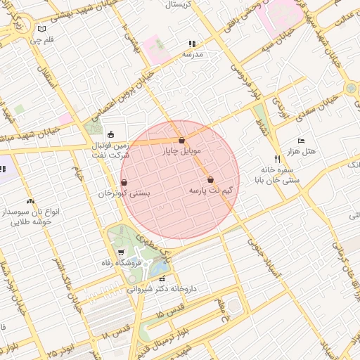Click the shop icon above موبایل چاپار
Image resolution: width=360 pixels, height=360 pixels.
pos(181,141)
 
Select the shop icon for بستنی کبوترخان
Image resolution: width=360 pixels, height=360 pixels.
pos(124,182)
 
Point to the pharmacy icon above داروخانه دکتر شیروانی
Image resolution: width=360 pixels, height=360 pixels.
pos(163,278)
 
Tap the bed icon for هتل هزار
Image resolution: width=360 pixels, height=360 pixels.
pos(302,141)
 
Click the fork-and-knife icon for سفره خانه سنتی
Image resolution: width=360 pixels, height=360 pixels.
pos(276,160)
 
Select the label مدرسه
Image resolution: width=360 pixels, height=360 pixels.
pos(193,53)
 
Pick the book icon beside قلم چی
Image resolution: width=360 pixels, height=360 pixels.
pos(42,29)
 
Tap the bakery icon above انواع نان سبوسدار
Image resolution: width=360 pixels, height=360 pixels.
pos(30,202)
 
